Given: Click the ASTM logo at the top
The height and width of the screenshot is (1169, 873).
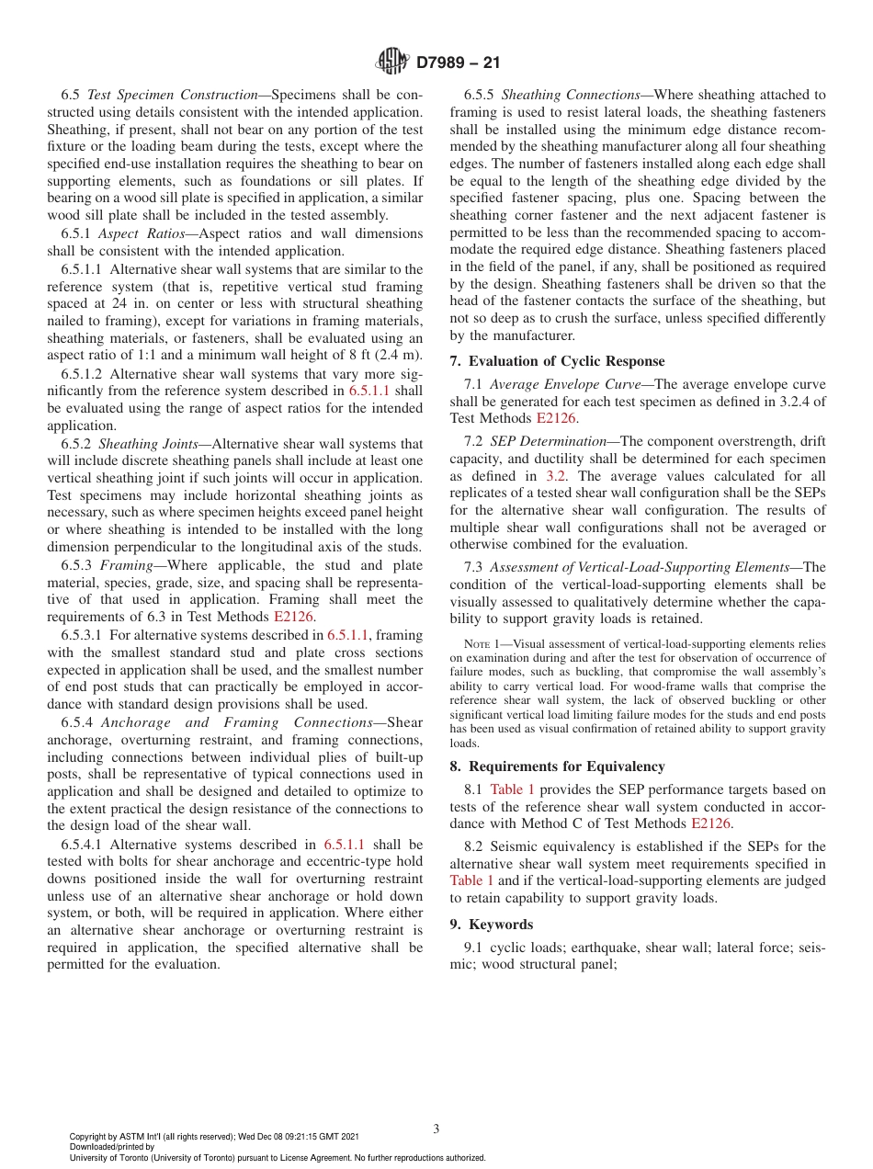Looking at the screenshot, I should coord(392,62).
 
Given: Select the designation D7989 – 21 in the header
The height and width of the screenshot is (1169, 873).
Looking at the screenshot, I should coord(458,63).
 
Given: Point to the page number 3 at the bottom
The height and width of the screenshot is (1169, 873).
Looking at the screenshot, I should coord(436,1129).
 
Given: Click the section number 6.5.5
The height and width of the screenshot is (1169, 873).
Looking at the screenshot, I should coord(479,95).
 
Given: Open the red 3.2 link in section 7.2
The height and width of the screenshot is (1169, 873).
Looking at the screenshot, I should coord(556,476).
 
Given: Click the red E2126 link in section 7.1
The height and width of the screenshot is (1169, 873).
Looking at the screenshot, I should coord(556,417).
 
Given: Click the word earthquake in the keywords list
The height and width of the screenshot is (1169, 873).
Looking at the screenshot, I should coord(595,948).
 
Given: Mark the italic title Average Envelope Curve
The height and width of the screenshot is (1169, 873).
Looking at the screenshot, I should coord(561,384).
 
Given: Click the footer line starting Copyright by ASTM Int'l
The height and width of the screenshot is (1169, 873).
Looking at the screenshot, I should coord(214,1136).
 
